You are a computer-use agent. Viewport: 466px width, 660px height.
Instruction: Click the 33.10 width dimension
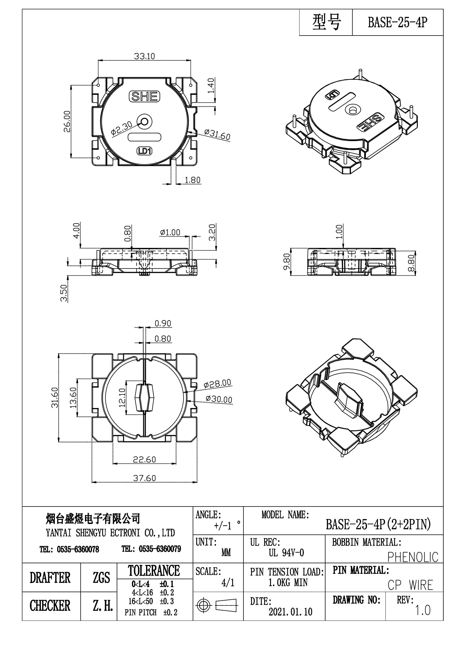(x=144, y=56)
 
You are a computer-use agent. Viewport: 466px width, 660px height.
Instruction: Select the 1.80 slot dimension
(x=192, y=180)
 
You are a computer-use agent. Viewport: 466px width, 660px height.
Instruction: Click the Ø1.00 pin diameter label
(x=170, y=232)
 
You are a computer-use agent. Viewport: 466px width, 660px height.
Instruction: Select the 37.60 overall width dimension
(x=144, y=478)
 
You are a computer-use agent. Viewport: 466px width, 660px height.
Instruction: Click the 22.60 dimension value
(x=144, y=459)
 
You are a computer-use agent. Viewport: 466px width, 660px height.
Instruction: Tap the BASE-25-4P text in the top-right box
(x=398, y=22)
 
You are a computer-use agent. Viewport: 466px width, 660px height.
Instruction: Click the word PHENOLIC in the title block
(x=413, y=557)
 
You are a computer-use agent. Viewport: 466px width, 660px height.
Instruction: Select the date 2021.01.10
(x=290, y=612)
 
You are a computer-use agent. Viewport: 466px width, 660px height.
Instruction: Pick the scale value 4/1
(x=228, y=583)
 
